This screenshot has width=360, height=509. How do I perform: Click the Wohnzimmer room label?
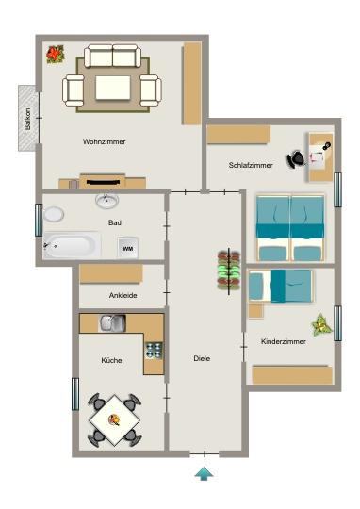click(104, 141)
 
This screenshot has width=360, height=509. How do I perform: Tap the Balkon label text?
click(27, 118)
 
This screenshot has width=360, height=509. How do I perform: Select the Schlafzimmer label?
click(251, 165)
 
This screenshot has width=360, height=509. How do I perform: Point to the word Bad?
click(114, 223)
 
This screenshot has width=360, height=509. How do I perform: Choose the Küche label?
click(112, 361)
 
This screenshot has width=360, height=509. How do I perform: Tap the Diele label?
click(202, 358)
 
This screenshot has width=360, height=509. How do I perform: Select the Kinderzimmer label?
click(281, 341)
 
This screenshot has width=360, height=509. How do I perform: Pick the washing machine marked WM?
click(128, 248)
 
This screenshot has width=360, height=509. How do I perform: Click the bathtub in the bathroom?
click(71, 246)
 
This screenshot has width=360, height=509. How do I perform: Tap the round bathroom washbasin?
click(106, 200)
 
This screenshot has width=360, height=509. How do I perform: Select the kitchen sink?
click(112, 323)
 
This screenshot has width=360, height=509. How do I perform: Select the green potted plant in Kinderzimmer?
click(322, 325)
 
